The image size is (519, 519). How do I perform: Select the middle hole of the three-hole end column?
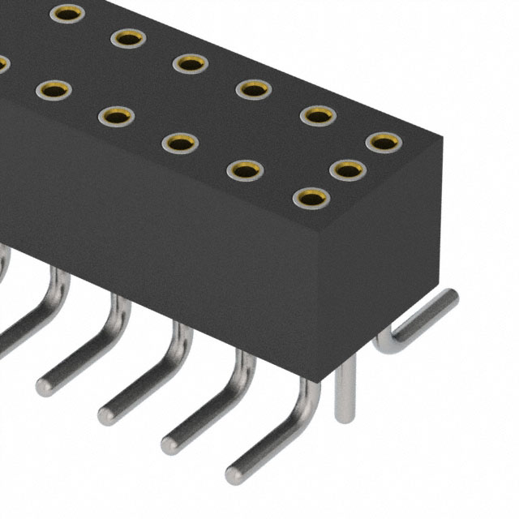pyautogui.click(x=347, y=169)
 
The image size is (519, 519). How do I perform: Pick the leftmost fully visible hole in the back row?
pyautogui.click(x=66, y=13)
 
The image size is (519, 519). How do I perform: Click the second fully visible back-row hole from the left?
pyautogui.click(x=128, y=37)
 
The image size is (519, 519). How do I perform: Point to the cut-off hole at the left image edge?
pyautogui.click(x=2, y=63)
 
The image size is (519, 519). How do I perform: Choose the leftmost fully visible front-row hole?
pyautogui.click(x=54, y=90)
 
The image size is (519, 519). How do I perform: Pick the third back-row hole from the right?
pyautogui.click(x=254, y=89)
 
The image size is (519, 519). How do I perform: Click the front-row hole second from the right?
pyautogui.click(x=245, y=169)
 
